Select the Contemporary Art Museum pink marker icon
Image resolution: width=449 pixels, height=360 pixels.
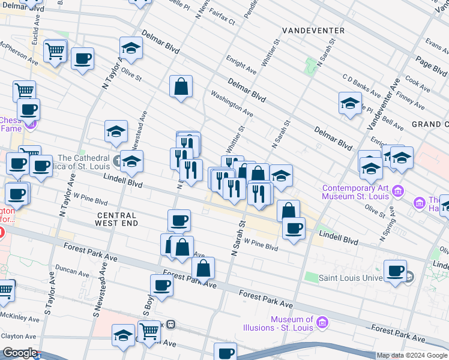pos(397,192)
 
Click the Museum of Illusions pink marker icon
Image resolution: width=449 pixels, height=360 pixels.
pos(322,323)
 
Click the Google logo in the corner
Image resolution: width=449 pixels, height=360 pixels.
pos(20,353)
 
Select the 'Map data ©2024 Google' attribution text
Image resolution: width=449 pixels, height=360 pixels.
pos(412,355)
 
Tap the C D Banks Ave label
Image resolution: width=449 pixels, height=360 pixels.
pos(362,85)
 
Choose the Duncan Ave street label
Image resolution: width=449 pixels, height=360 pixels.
pos(70,271)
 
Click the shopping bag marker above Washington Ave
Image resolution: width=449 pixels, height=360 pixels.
pos(181,86)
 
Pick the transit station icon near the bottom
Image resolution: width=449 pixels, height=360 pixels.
pos(170,325)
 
